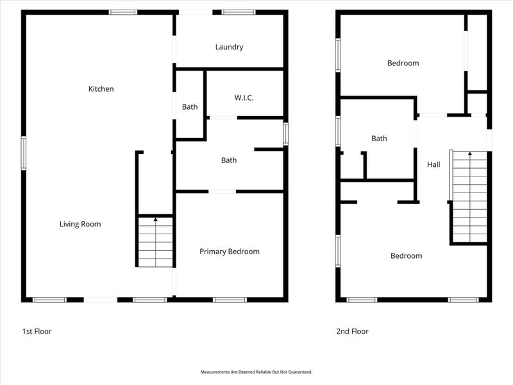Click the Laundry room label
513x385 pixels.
point(229,47)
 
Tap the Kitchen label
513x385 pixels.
point(101,89)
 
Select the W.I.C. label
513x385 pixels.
point(244,98)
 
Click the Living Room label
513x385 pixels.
point(80,224)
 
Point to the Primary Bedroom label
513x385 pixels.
point(230,252)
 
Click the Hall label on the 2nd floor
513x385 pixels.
point(434,165)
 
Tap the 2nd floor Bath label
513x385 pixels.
point(379,139)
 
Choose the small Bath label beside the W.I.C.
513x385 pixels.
point(190,107)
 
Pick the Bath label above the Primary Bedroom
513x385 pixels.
point(229,160)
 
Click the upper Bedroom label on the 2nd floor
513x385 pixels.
point(403,63)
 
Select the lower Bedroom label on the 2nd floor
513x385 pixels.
point(407,256)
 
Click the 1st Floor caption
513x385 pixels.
point(37,332)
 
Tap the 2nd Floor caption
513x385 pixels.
point(352,332)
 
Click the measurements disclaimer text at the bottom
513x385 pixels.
point(256,372)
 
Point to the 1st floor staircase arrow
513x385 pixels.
point(156,220)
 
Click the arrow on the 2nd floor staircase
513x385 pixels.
point(470,154)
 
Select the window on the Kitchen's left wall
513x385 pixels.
point(23,153)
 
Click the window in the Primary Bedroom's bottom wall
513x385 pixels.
point(230,300)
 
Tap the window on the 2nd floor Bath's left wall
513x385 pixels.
point(338,132)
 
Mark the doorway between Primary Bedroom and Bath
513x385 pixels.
point(222,191)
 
